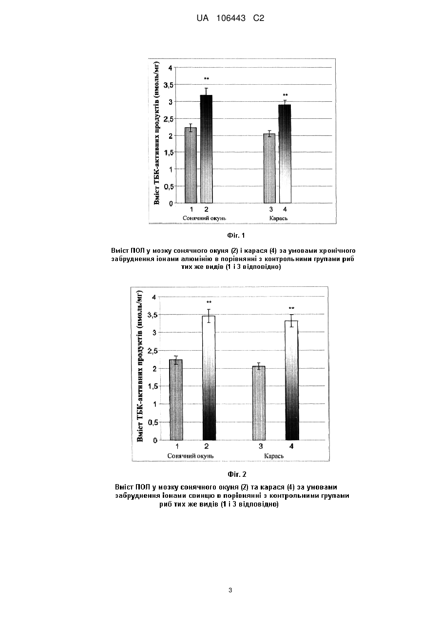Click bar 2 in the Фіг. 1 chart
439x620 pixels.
(x=206, y=149)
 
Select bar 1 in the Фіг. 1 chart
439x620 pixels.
(x=191, y=165)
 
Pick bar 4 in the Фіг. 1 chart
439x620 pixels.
(x=285, y=153)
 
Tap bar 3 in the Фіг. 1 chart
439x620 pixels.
(x=269, y=169)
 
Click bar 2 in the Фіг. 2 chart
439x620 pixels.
(x=209, y=378)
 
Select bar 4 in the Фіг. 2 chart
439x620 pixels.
(x=291, y=380)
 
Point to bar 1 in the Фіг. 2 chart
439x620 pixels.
(x=176, y=400)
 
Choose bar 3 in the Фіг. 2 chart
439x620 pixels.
(x=259, y=403)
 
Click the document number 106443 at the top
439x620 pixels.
(x=231, y=19)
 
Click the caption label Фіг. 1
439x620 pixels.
(x=236, y=235)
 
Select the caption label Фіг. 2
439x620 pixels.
(x=237, y=474)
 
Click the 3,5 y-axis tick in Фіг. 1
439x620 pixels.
(x=168, y=85)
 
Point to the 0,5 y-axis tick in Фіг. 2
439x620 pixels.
(x=153, y=423)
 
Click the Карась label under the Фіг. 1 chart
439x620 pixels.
(x=278, y=218)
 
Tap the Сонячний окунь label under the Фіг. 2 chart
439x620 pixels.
(x=191, y=456)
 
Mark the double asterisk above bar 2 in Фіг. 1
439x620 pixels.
(x=206, y=79)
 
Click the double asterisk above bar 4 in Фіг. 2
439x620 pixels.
(x=291, y=308)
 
